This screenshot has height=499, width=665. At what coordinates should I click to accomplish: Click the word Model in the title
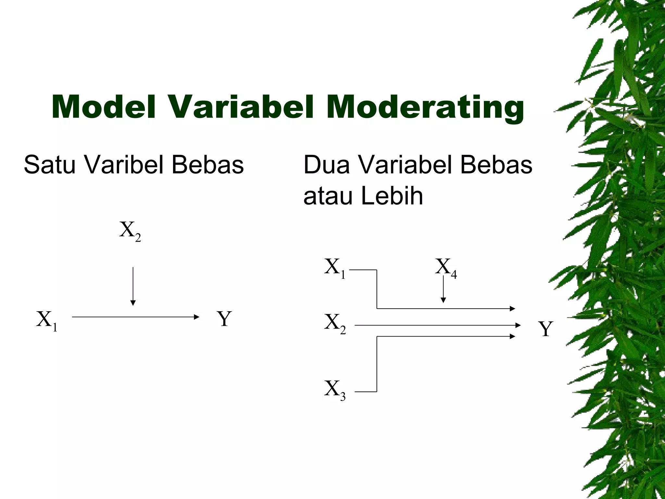[x=103, y=107]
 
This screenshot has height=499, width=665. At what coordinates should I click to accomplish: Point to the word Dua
[x=327, y=165]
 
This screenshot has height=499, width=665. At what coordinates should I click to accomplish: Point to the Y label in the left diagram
[x=224, y=319]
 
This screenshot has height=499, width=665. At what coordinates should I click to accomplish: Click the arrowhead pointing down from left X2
[x=132, y=303]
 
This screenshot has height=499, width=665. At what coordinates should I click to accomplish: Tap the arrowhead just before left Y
[x=196, y=317]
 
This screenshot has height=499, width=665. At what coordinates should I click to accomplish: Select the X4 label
[x=446, y=268]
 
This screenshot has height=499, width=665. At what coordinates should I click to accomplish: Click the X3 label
[x=335, y=390]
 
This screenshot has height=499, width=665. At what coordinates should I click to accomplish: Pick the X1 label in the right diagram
[x=335, y=268]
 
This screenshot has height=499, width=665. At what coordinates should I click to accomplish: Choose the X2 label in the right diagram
[x=335, y=324]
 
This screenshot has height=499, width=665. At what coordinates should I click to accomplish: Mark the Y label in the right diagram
[x=546, y=329]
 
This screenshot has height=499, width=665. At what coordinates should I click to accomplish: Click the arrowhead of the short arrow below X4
[x=443, y=300]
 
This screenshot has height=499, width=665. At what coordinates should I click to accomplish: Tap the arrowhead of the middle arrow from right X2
[x=518, y=325]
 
